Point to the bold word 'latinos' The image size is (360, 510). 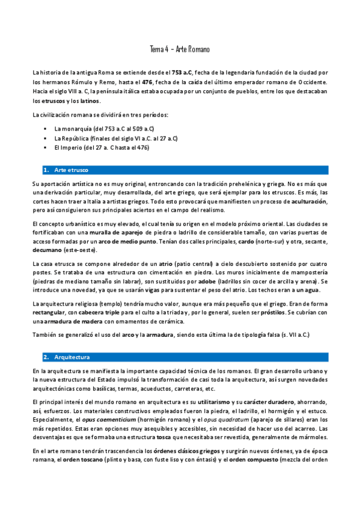click(x=87, y=100)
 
